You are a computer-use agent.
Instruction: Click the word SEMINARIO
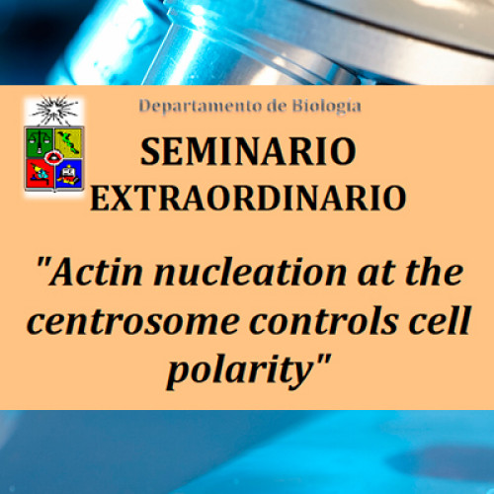tap(248, 151)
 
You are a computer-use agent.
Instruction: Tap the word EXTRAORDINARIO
tap(248, 198)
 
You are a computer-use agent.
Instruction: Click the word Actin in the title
tap(96, 273)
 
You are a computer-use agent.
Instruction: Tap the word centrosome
tap(132, 321)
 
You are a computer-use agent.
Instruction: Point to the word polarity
tap(239, 371)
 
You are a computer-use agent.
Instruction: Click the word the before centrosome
tap(434, 273)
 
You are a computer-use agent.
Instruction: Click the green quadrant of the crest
tap(40, 142)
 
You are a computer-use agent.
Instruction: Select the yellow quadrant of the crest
tap(68, 142)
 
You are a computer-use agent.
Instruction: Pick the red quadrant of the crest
tap(40, 174)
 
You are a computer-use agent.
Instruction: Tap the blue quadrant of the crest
tap(69, 175)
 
